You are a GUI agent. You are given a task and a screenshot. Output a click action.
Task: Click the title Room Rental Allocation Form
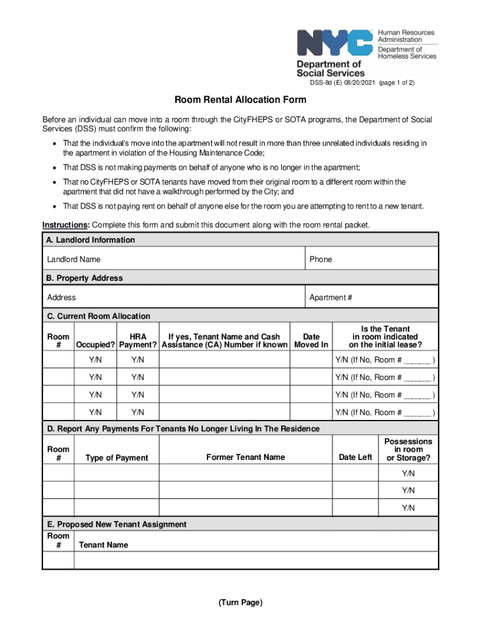pos(240,100)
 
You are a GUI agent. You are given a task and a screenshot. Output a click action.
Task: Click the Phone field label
pos(320,259)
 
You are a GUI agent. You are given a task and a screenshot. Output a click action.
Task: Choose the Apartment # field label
pos(330,298)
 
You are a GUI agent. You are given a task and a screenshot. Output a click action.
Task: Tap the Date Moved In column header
pos(311,341)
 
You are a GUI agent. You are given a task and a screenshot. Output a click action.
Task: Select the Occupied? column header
pos(95,345)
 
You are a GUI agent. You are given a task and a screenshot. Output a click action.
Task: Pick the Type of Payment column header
pos(116,458)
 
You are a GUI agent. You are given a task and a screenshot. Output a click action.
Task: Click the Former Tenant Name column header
pos(245,457)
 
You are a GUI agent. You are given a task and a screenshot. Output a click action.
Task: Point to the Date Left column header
pos(355,457)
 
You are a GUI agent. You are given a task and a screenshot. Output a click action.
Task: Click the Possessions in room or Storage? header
pos(409,449)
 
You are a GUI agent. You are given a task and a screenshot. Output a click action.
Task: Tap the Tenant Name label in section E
pos(103,545)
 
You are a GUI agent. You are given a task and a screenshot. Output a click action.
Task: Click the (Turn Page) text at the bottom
pos(241,603)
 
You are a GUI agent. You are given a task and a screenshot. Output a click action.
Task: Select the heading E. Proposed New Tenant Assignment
pos(116,524)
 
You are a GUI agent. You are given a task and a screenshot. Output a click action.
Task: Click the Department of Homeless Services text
pos(407,52)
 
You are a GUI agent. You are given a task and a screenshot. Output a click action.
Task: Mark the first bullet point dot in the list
pos(56,144)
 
